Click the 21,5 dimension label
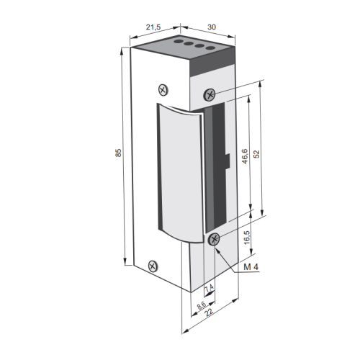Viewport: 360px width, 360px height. click(x=153, y=27)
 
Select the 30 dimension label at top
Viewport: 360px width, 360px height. click(x=212, y=27)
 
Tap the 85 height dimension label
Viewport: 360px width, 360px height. click(x=118, y=153)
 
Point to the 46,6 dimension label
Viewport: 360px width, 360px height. click(x=245, y=156)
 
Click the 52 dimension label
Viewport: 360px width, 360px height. click(x=256, y=154)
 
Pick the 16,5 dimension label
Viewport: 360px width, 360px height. click(x=247, y=238)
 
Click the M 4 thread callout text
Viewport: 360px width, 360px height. click(x=251, y=267)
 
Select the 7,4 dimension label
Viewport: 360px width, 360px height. click(x=209, y=287)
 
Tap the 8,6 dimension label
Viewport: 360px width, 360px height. click(x=202, y=305)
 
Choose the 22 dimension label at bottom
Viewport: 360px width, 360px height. click(x=210, y=312)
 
